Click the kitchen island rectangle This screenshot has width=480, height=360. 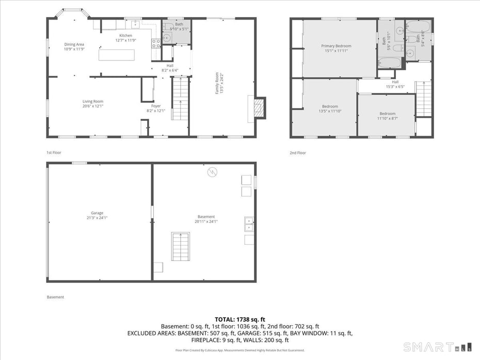coord(117,55)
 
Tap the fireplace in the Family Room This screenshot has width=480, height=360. coord(260,108)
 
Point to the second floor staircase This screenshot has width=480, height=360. coord(423,99)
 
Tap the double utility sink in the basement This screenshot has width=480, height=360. coord(249,224)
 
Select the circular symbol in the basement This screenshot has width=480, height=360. coord(212,173)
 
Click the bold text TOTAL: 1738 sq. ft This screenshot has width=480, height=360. coord(240,319)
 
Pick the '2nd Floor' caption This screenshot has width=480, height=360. coord(298,153)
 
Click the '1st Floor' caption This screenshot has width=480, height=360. coord(54,153)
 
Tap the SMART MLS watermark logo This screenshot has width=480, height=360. coord(438,347)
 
